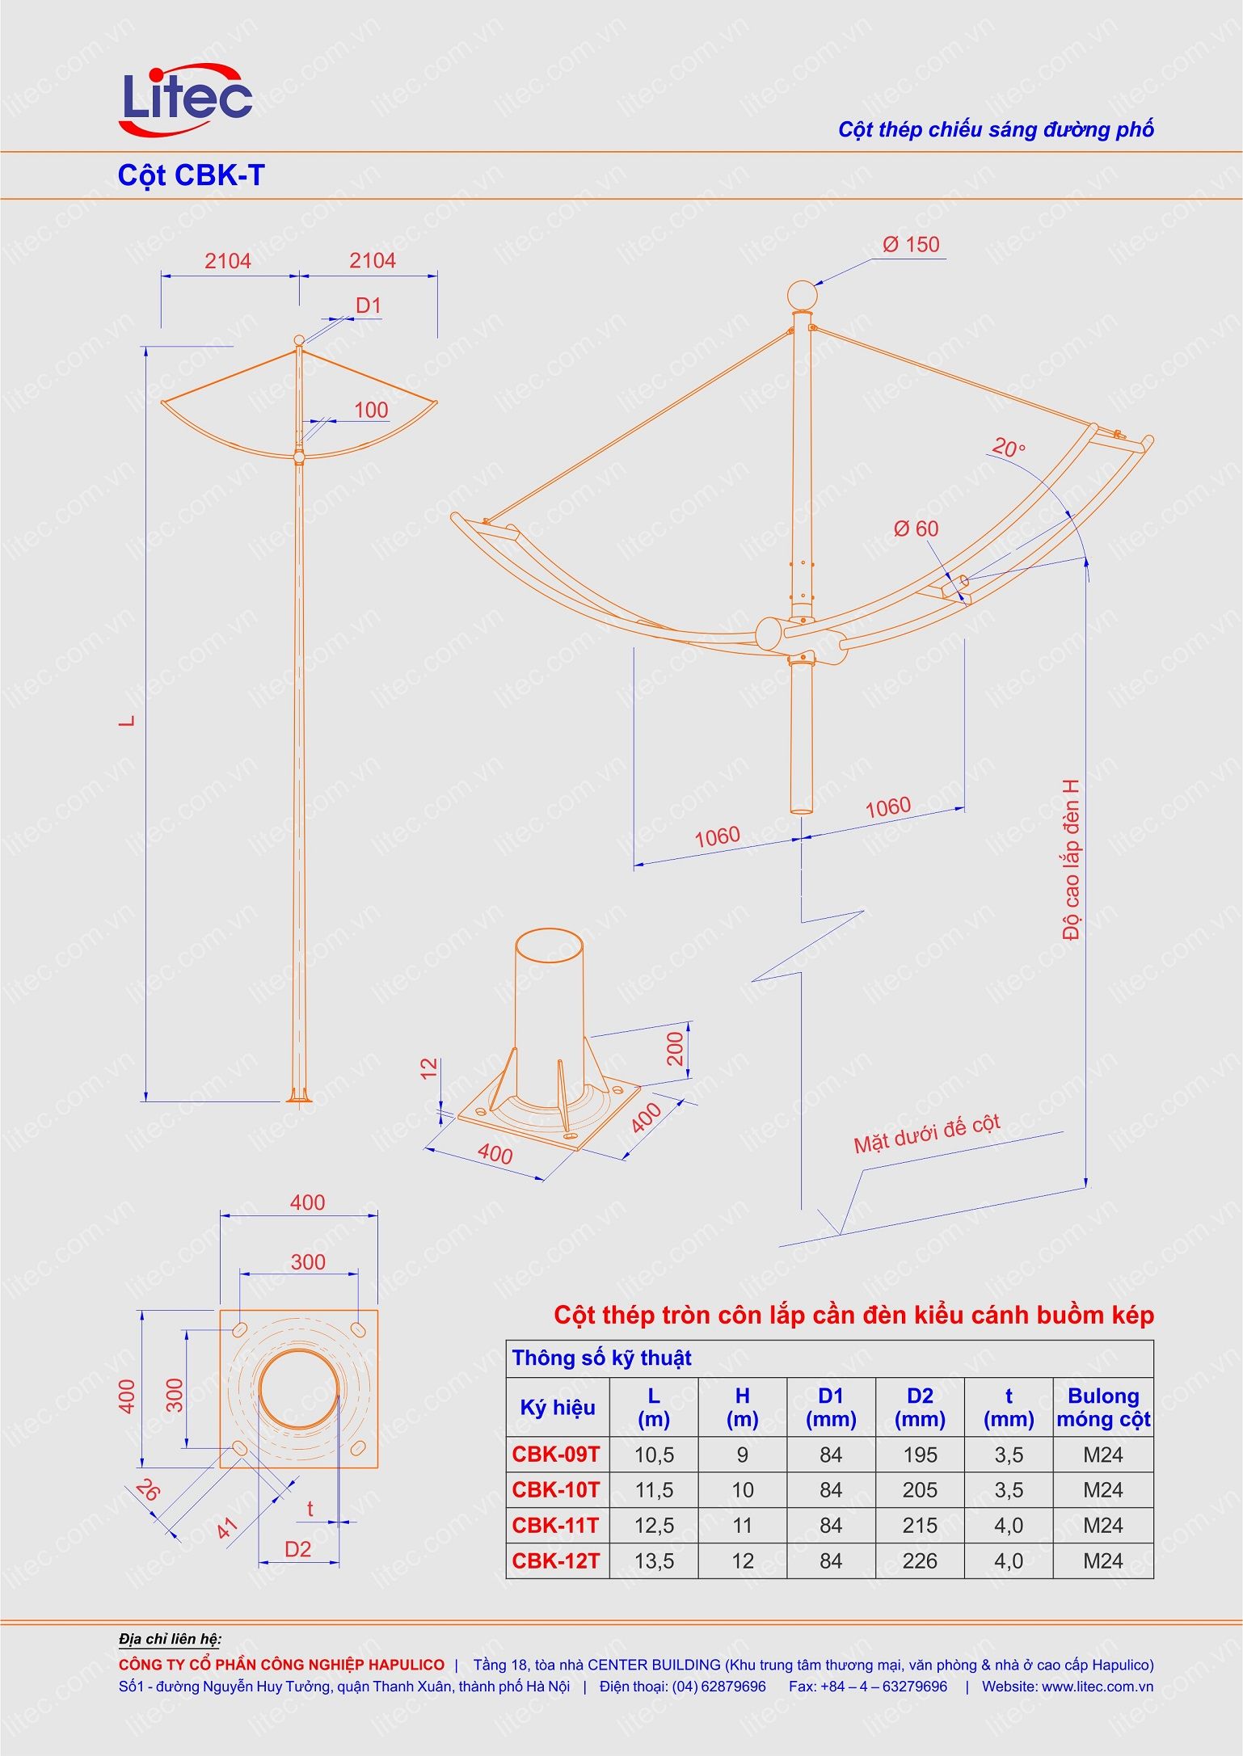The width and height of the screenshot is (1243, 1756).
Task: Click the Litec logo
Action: point(187,99)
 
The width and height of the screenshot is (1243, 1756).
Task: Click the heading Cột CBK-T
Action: point(191,175)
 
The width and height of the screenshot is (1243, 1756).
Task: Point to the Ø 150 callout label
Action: point(911,245)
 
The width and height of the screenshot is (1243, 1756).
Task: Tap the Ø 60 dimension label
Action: point(916,529)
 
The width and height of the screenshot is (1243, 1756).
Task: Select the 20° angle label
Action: point(1008,447)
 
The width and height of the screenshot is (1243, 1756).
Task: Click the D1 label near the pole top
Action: point(368,305)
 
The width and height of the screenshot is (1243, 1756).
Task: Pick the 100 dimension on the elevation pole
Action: point(371,410)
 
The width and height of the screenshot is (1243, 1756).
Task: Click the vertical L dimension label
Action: point(128,720)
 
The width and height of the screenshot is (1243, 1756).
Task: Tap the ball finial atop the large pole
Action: point(802,296)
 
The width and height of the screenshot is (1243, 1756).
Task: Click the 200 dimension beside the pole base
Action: point(675,1048)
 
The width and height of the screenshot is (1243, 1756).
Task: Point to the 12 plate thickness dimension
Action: point(429,1067)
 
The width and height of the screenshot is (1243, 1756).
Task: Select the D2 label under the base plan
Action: point(297,1548)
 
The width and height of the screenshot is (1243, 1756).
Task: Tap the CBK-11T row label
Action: point(556,1525)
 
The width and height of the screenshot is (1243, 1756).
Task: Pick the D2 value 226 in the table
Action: point(920,1560)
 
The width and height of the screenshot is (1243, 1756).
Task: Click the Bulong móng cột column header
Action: point(1102,1407)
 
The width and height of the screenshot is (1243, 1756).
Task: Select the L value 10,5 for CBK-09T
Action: point(654,1455)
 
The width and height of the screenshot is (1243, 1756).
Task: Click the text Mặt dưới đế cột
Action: point(927,1133)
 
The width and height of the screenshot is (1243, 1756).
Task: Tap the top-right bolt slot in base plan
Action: point(358,1330)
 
